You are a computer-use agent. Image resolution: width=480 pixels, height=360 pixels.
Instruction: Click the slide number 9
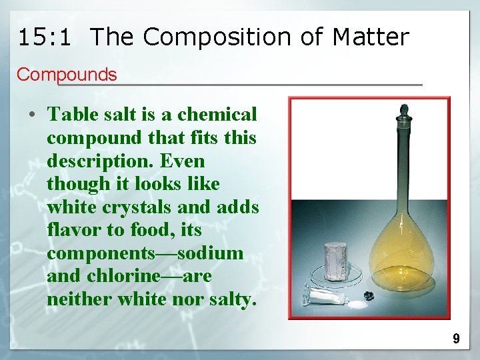[x=456, y=339]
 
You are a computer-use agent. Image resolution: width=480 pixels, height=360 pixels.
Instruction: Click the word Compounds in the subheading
[x=67, y=75]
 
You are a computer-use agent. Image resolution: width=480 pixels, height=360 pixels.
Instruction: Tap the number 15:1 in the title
[x=45, y=37]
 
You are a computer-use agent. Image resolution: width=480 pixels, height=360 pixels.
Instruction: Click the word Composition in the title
[x=217, y=37]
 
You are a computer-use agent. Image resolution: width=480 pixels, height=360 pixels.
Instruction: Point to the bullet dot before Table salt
[x=32, y=115]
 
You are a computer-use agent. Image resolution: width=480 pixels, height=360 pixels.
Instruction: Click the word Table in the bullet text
[x=73, y=115]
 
